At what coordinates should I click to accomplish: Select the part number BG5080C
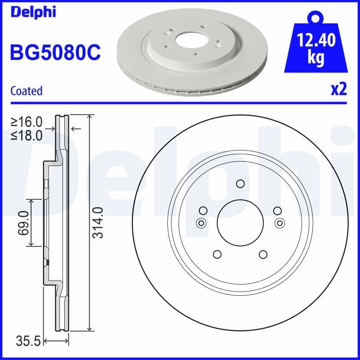(x=55, y=53)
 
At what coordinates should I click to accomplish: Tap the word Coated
(x=27, y=91)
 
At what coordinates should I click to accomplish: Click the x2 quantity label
(x=338, y=90)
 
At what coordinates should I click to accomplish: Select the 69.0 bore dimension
(x=24, y=222)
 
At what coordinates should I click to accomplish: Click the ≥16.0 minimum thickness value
(x=27, y=121)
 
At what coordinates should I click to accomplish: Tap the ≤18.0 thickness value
(x=27, y=135)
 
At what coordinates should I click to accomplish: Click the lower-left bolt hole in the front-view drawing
(x=216, y=254)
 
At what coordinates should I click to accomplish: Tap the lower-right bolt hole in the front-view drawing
(x=263, y=254)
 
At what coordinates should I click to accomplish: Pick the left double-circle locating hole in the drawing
(x=201, y=223)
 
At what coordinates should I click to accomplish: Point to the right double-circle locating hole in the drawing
(x=279, y=222)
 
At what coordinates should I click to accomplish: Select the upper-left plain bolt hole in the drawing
(x=202, y=210)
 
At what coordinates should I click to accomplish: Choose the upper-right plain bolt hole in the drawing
(x=277, y=210)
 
